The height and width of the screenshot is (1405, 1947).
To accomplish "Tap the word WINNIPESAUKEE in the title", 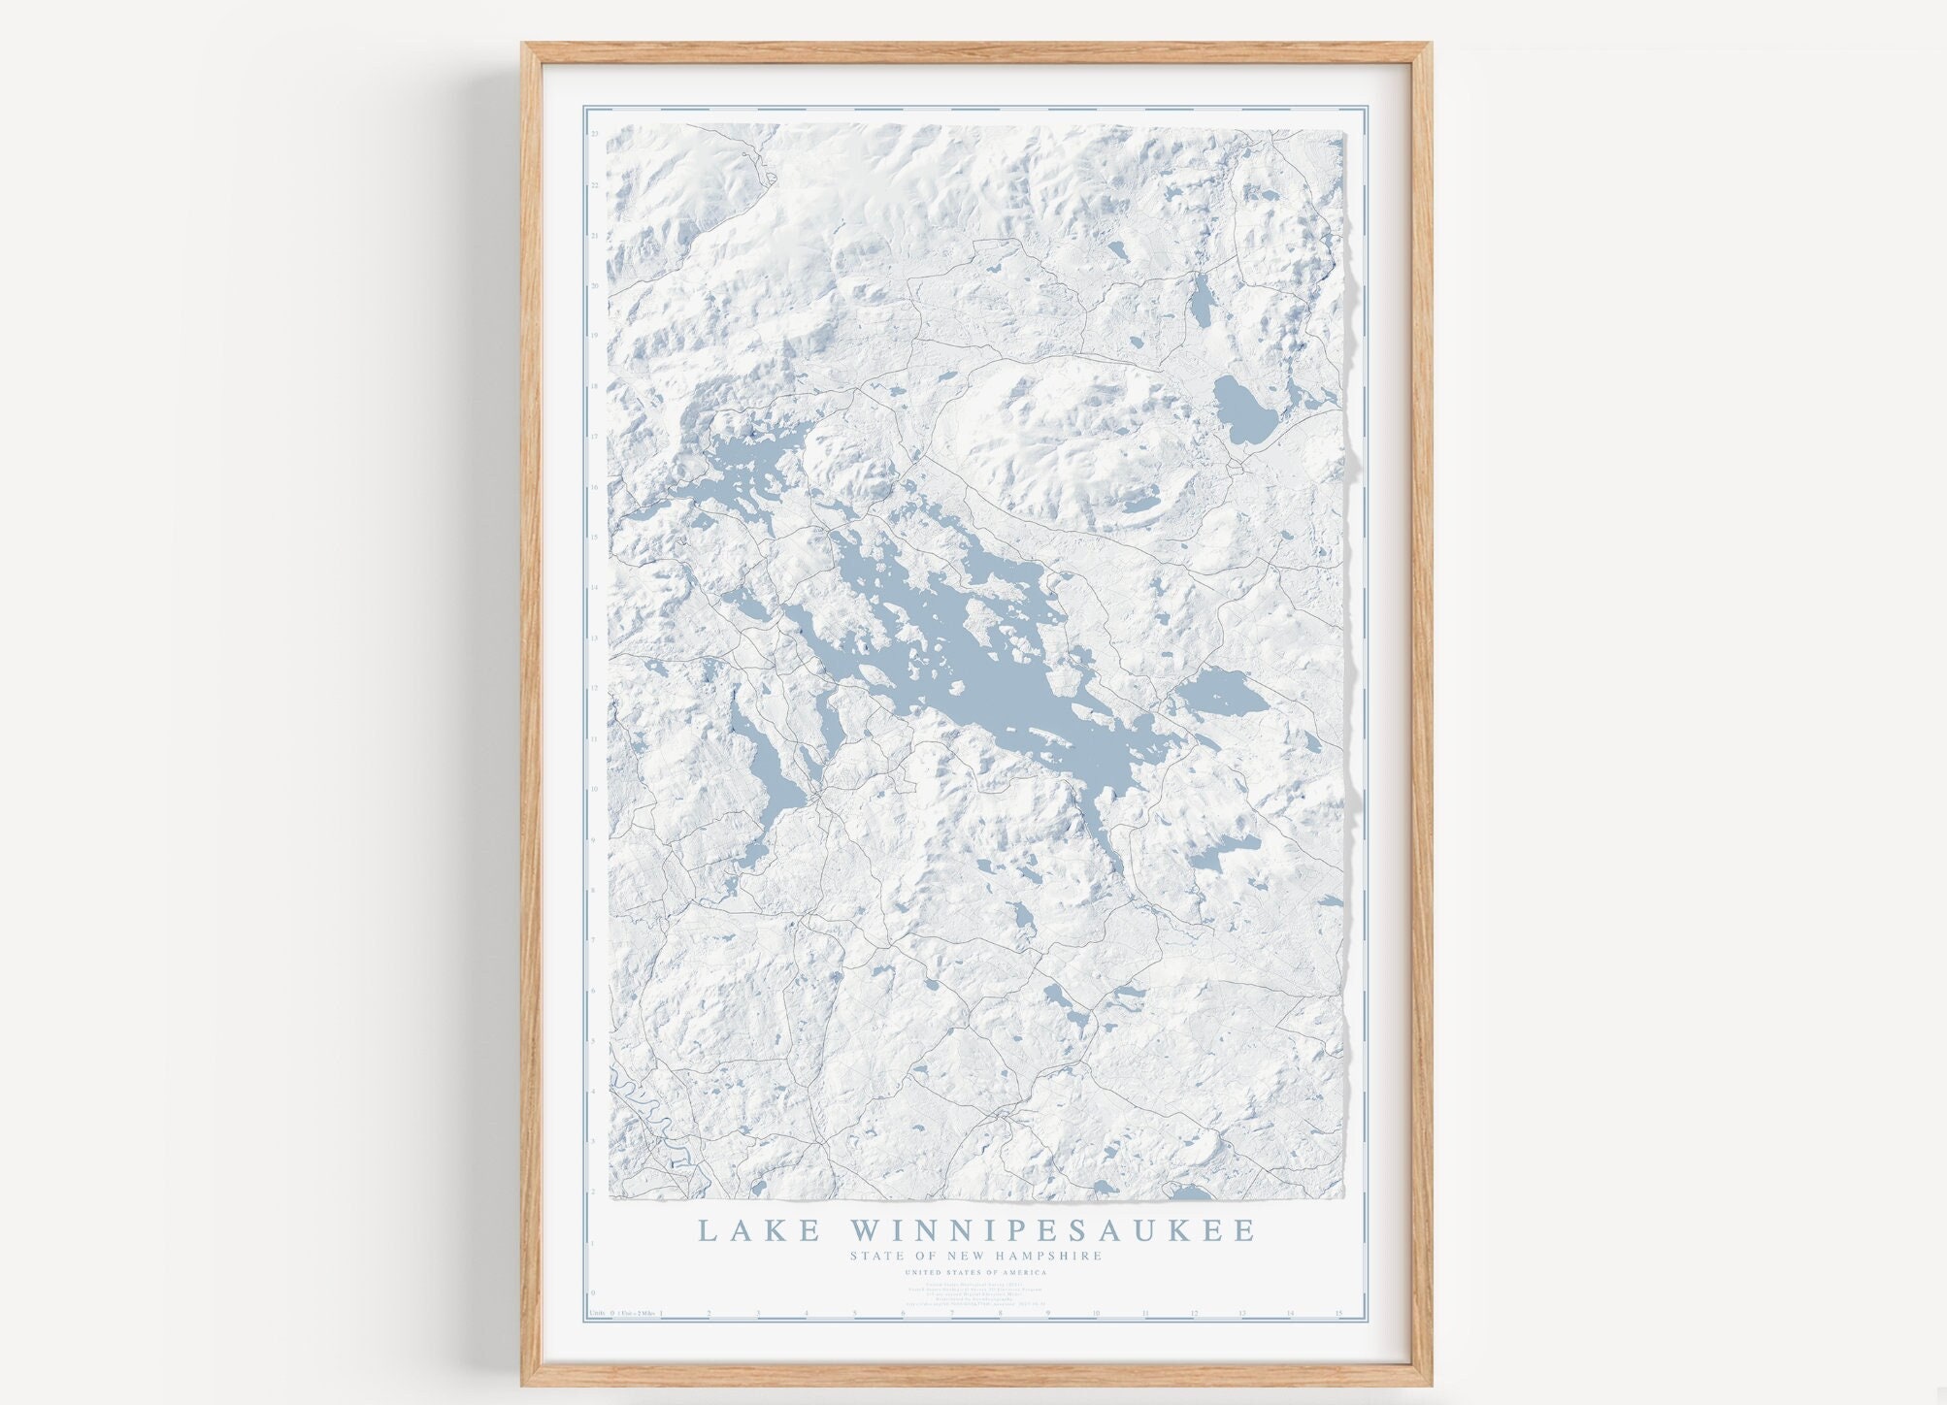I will (1053, 1230).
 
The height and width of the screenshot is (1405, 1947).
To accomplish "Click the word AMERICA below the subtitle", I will (1023, 1272).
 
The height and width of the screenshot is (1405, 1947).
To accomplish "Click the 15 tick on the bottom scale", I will (1338, 1314).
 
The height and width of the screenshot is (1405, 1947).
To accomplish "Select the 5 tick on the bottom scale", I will (855, 1314).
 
